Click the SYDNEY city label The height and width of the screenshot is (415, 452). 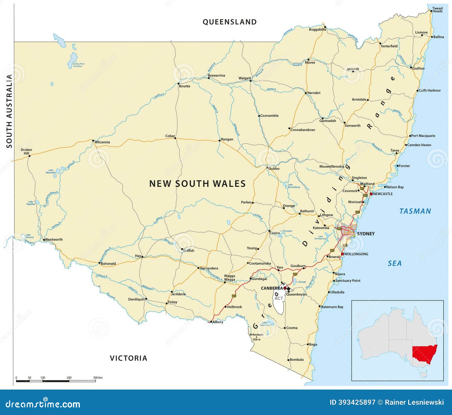(x=366, y=234)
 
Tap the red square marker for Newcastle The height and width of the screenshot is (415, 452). (x=371, y=194)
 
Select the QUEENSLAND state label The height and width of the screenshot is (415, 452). (x=230, y=22)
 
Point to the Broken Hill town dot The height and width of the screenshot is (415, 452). (x=29, y=155)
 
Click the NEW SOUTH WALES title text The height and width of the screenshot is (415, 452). (x=197, y=184)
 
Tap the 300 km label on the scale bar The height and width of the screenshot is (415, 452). (x=98, y=377)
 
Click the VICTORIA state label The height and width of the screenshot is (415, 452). (x=129, y=358)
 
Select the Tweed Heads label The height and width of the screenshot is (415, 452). (x=437, y=10)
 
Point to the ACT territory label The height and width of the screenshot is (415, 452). (x=279, y=298)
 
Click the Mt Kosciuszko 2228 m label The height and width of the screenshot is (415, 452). (x=256, y=337)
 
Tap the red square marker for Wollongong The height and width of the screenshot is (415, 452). (x=342, y=254)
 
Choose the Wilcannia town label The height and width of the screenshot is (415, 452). (x=102, y=142)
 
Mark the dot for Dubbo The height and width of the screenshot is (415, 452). (x=267, y=168)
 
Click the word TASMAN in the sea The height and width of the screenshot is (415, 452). (x=415, y=211)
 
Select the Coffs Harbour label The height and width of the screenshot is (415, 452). (x=429, y=90)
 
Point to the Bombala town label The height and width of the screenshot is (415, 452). (x=296, y=360)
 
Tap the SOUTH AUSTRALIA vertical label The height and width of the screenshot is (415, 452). (x=9, y=111)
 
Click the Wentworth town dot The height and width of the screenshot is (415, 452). (x=44, y=240)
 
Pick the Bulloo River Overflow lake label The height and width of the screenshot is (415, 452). (x=79, y=65)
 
